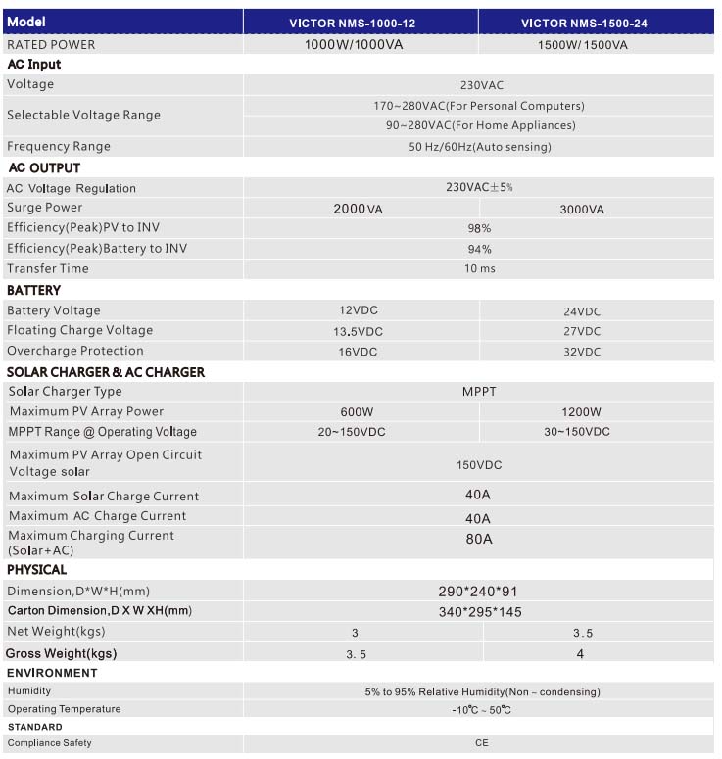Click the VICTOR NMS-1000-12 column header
click(361, 22)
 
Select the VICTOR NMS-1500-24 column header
click(598, 22)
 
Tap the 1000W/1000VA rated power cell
click(354, 45)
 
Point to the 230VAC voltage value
click(481, 85)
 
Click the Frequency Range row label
click(59, 147)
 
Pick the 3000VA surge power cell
click(582, 209)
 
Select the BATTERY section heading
click(34, 290)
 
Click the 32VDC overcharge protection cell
click(582, 352)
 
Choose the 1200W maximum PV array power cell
click(582, 412)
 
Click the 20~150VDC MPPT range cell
click(354, 432)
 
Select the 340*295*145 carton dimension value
click(480, 611)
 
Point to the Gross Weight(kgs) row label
click(61, 653)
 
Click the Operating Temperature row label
click(65, 709)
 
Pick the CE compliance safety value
click(481, 743)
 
